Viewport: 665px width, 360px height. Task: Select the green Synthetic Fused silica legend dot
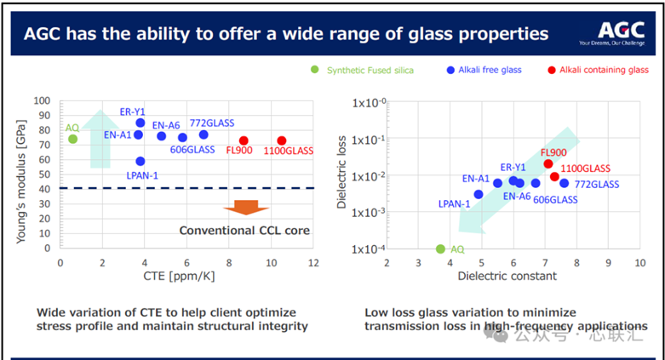314,70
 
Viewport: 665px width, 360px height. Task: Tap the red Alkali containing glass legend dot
552,70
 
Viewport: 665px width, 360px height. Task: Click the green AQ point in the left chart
72,140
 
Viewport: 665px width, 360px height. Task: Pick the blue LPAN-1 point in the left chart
140,161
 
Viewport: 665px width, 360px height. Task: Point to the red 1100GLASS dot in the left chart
282,140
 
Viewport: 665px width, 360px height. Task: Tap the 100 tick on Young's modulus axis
43,101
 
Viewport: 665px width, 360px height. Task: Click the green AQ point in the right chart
440,249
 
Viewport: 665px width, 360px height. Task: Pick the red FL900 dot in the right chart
548,163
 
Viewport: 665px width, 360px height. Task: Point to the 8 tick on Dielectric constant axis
576,263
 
